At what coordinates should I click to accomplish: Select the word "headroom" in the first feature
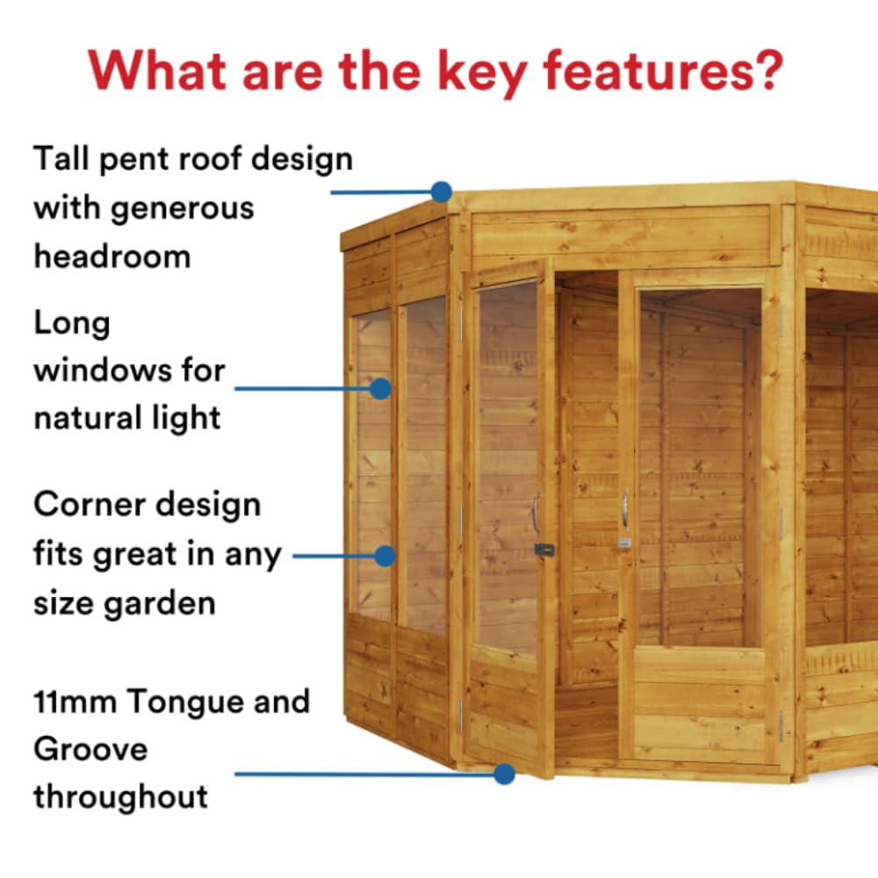(112, 256)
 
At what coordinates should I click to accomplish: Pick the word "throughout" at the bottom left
(121, 797)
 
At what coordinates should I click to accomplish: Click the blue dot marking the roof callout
(442, 191)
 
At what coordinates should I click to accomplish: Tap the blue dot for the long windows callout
(380, 388)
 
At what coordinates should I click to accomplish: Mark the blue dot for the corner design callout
(385, 556)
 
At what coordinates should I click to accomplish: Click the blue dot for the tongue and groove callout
(503, 774)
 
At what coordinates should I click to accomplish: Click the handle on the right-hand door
(624, 507)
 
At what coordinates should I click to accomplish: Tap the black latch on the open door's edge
(544, 551)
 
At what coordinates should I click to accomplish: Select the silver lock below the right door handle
(624, 543)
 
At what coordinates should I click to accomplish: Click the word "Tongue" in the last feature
(184, 703)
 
